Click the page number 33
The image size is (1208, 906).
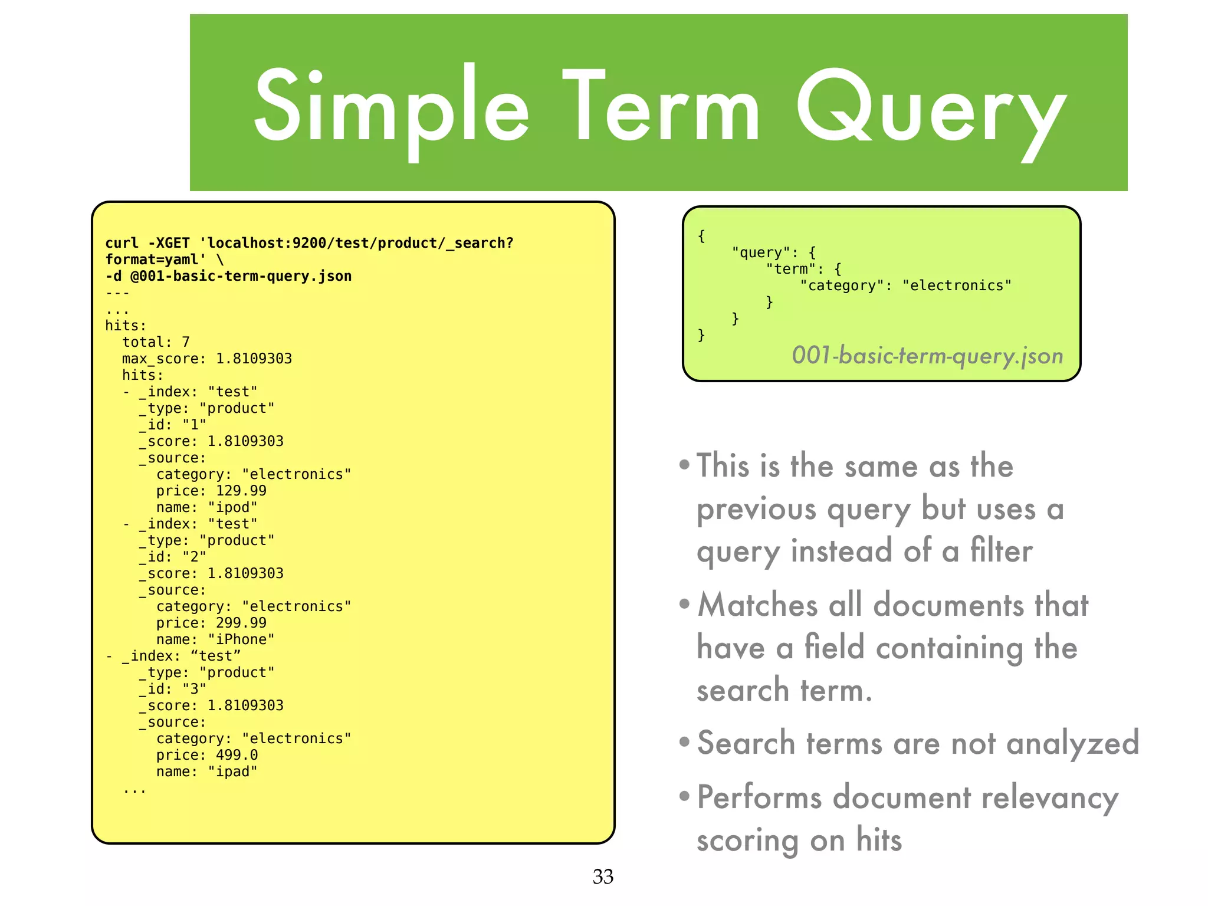(x=603, y=877)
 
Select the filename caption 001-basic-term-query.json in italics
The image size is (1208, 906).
(x=927, y=356)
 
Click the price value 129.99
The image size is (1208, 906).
(x=241, y=491)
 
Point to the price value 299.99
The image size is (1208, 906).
(x=241, y=623)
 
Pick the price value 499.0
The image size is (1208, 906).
(x=237, y=755)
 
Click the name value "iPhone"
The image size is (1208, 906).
(x=241, y=639)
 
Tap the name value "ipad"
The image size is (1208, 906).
(x=232, y=772)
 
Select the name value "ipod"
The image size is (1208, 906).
(x=232, y=507)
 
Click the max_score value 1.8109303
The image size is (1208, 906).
(x=254, y=359)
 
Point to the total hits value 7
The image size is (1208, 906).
(x=186, y=342)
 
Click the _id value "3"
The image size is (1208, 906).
(x=194, y=689)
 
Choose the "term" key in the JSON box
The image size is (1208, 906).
(x=790, y=269)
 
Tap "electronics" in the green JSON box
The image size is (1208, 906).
(x=957, y=285)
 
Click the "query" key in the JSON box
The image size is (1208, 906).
(x=761, y=252)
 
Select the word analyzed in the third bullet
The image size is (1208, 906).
(x=1072, y=743)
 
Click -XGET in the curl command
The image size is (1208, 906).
(x=169, y=243)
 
